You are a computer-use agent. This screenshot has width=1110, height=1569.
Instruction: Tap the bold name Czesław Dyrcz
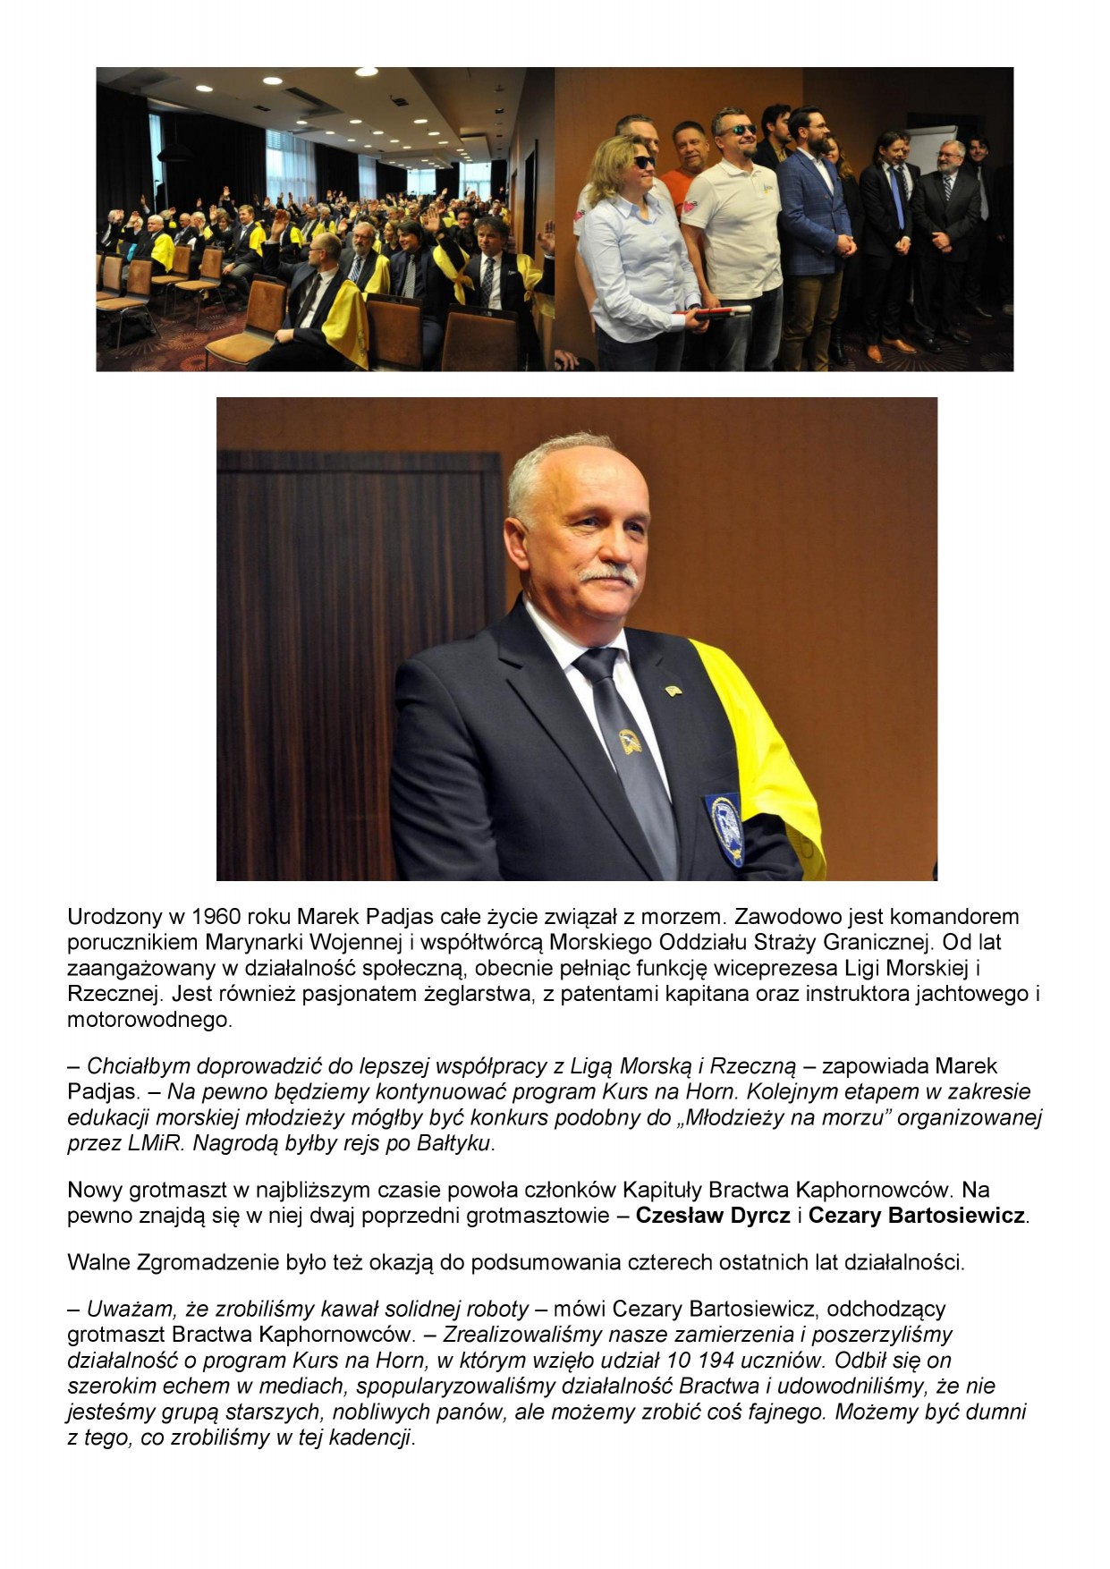point(713,1216)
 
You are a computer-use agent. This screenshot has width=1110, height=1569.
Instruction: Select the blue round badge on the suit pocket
point(727,819)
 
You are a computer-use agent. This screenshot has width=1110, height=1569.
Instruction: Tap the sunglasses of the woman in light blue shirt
point(644,162)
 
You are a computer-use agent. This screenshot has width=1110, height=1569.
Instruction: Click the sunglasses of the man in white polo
point(736,131)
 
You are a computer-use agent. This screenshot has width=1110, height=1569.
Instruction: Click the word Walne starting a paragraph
point(97,1262)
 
